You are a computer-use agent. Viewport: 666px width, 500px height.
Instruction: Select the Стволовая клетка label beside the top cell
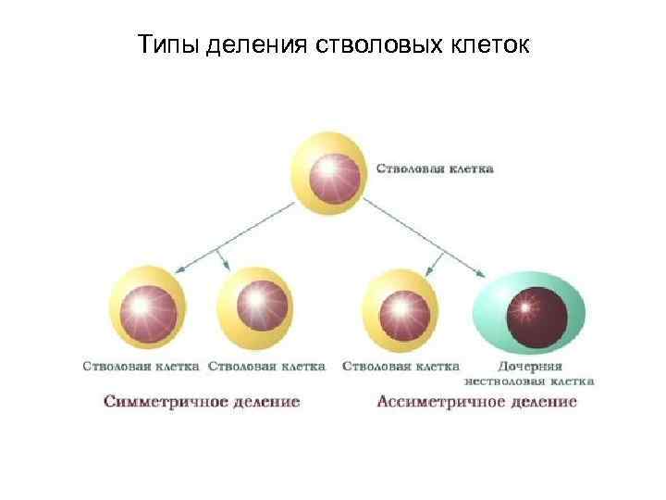click(434, 169)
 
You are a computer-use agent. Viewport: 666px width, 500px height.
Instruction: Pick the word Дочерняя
click(530, 366)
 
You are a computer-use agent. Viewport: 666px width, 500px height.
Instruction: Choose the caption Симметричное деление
click(202, 402)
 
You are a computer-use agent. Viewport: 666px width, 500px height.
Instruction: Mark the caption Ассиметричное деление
click(476, 402)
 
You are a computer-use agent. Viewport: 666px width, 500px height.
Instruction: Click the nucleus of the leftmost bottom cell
click(143, 306)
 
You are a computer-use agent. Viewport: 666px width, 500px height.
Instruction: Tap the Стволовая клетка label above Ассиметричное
click(401, 367)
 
